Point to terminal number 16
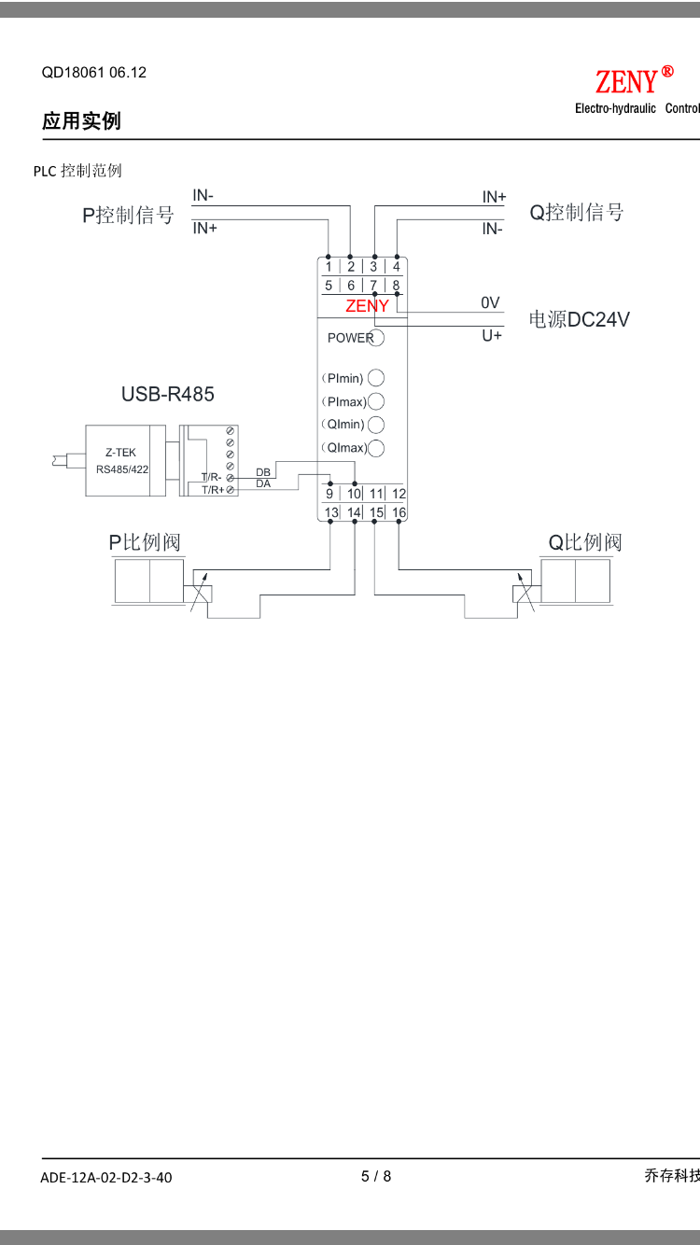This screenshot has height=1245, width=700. coord(399,511)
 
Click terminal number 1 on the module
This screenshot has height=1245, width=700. coord(329,267)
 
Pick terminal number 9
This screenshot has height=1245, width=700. coord(329,494)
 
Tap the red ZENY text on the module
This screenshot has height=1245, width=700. coord(367,306)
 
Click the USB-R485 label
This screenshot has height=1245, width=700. coord(168,394)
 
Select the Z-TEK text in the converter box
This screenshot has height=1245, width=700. coord(120,453)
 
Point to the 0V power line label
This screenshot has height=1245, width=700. coord(490,303)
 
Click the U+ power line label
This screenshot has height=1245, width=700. coord(492,336)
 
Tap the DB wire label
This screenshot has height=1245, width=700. coord(263,472)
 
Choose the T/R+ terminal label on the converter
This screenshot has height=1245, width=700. coord(213,490)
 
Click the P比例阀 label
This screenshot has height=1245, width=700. coord(145,542)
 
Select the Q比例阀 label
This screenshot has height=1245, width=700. coord(585,542)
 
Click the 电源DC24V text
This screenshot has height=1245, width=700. coord(579,319)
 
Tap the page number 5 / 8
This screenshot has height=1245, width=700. coord(376,1176)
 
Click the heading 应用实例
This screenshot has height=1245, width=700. coord(81,120)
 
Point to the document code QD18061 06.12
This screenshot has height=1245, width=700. coord(94,72)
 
